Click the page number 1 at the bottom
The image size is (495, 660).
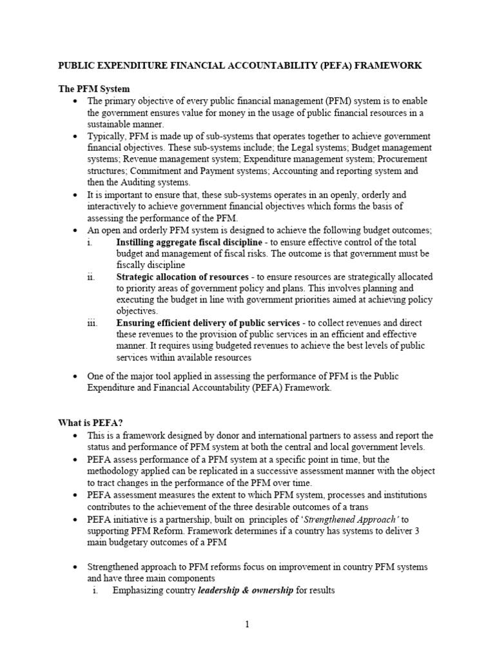[x=247, y=623]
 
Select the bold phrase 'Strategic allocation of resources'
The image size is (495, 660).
[x=182, y=277]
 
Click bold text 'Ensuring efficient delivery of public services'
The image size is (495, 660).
[x=208, y=323]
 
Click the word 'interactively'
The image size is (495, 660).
[x=113, y=206]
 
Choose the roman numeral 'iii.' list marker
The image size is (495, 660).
[x=93, y=323]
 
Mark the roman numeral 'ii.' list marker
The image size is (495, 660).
[x=92, y=277]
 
